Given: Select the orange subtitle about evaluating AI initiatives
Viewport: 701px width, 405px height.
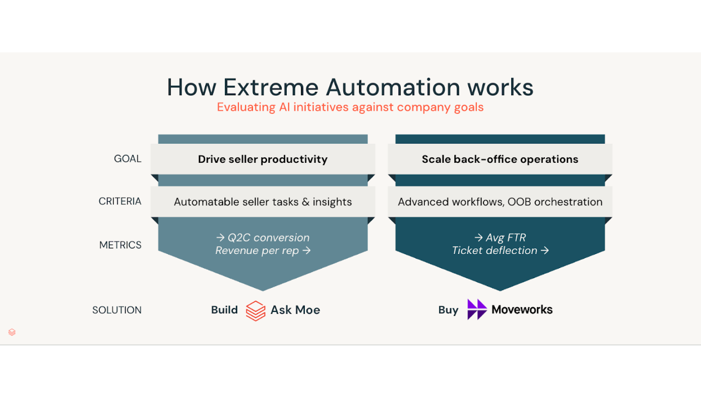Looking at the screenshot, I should tap(350, 107).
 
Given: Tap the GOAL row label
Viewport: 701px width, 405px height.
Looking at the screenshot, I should tap(127, 159).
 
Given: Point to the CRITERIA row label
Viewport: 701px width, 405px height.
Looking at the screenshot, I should tap(119, 201).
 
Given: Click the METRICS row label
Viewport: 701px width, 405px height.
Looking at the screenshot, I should tap(120, 245).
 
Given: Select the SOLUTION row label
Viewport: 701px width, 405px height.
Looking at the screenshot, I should tap(117, 310).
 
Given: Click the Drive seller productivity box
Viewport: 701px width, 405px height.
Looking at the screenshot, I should tap(263, 159).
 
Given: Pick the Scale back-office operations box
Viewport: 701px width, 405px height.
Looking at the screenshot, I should tap(500, 159).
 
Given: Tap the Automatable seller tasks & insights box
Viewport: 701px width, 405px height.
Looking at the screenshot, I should tap(263, 202).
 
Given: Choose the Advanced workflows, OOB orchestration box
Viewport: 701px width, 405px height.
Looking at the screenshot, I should tap(500, 202).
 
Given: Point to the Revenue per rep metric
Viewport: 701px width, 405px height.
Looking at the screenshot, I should tap(263, 251).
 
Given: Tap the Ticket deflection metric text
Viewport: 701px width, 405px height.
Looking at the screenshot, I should tap(500, 251).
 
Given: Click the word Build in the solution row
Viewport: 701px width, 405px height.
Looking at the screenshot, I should tap(224, 310).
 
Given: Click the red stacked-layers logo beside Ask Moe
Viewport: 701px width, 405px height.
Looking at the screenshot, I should tap(255, 310).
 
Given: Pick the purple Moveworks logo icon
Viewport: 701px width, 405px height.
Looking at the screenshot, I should tap(477, 309).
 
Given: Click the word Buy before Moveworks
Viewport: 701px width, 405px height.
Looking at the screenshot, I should tap(448, 310).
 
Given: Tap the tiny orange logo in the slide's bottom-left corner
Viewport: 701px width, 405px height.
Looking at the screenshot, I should tap(12, 332).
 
